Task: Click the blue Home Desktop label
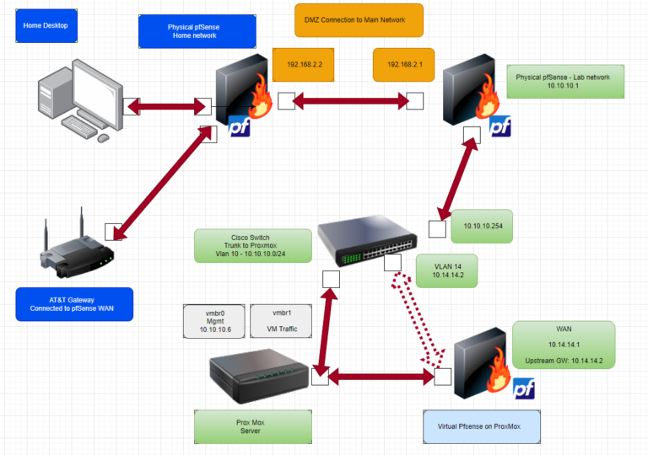[46, 26]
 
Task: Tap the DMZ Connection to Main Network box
[359, 20]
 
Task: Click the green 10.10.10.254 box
[482, 227]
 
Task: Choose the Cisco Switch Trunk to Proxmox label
[253, 245]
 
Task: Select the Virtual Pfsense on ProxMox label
[482, 426]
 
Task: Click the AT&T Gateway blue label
[74, 304]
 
